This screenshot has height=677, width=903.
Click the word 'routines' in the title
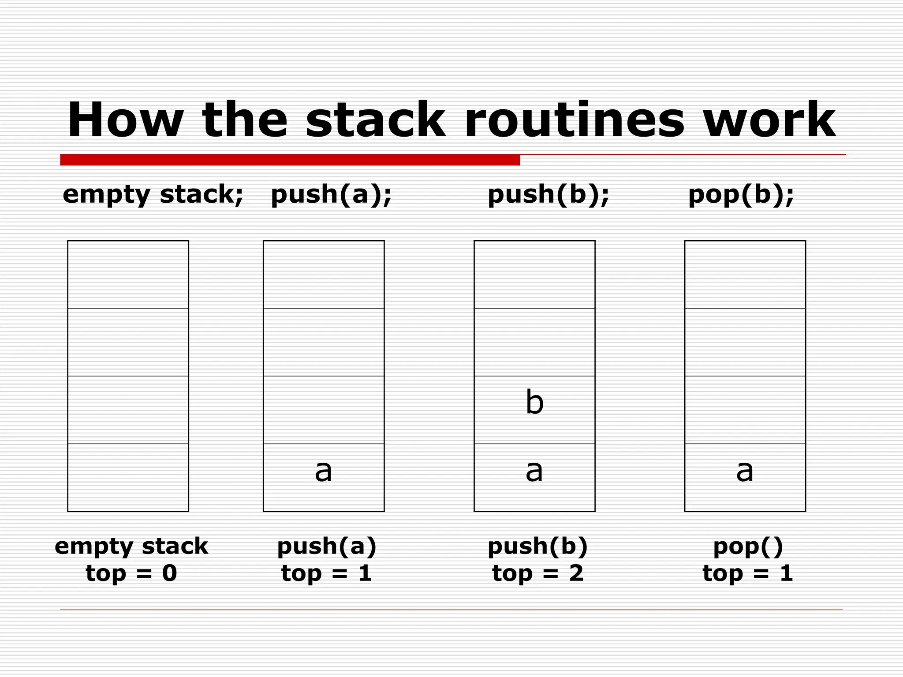(x=574, y=120)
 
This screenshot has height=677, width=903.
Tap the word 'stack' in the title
(x=375, y=120)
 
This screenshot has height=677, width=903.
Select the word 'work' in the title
(x=769, y=120)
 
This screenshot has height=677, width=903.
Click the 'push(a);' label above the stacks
(x=331, y=194)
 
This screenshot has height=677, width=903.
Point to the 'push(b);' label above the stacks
(x=549, y=194)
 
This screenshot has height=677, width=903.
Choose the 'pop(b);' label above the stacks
(x=741, y=194)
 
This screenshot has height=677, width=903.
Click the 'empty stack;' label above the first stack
(x=153, y=194)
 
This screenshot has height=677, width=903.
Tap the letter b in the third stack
(x=534, y=403)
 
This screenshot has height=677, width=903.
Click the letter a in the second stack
(x=323, y=471)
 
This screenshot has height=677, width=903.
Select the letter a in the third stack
(x=534, y=471)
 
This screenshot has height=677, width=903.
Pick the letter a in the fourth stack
(x=745, y=471)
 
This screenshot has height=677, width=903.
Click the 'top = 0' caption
(x=131, y=573)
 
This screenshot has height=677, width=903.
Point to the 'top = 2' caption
(x=538, y=573)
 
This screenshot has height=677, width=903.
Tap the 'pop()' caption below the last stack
(x=748, y=547)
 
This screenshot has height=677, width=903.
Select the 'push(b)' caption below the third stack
(x=538, y=547)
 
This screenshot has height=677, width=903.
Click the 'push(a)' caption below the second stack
(x=327, y=547)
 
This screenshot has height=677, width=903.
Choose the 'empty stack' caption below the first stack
(x=131, y=547)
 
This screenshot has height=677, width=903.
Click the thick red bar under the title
(x=290, y=160)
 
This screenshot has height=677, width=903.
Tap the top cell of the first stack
(x=128, y=274)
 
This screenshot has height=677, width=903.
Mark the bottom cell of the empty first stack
(x=128, y=477)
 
